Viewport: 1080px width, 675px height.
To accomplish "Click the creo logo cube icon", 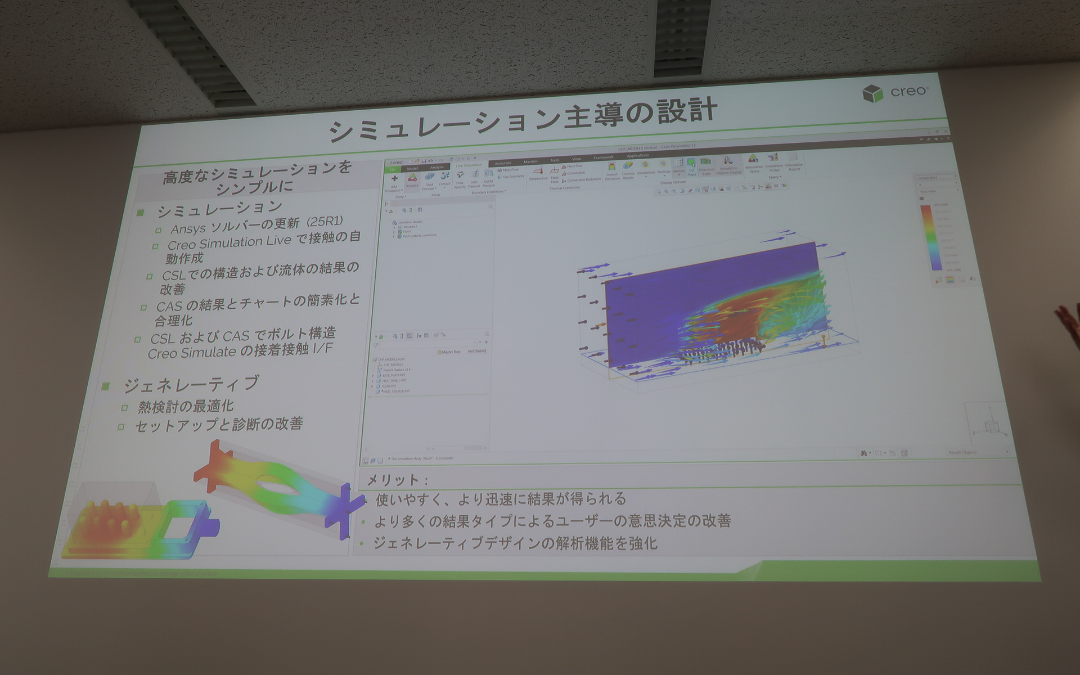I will pos(872,93).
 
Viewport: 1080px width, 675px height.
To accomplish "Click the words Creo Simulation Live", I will pos(229,244).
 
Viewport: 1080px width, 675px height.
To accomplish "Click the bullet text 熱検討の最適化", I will pos(186,406).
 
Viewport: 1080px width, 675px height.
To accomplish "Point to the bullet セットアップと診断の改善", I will pos(219,425).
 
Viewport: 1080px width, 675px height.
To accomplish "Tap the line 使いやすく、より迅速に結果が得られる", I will pos(501,499).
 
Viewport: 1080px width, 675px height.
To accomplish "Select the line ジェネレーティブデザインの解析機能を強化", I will pos(515,543).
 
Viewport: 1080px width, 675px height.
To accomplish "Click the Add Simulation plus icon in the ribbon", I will pos(394,179).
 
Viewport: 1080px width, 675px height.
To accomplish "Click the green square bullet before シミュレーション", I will pos(141,212).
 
